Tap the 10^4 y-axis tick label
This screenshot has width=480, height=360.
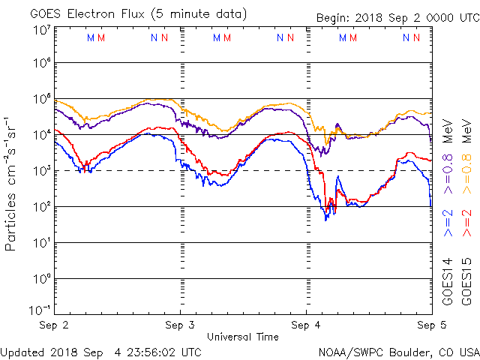(x=40, y=135)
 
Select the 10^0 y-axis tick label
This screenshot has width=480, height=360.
(x=40, y=279)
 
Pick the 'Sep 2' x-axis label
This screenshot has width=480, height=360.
(x=55, y=325)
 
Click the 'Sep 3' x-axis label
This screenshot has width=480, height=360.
(x=181, y=325)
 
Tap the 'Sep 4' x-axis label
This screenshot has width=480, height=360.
(x=307, y=325)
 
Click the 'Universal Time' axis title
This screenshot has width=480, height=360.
(x=243, y=337)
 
